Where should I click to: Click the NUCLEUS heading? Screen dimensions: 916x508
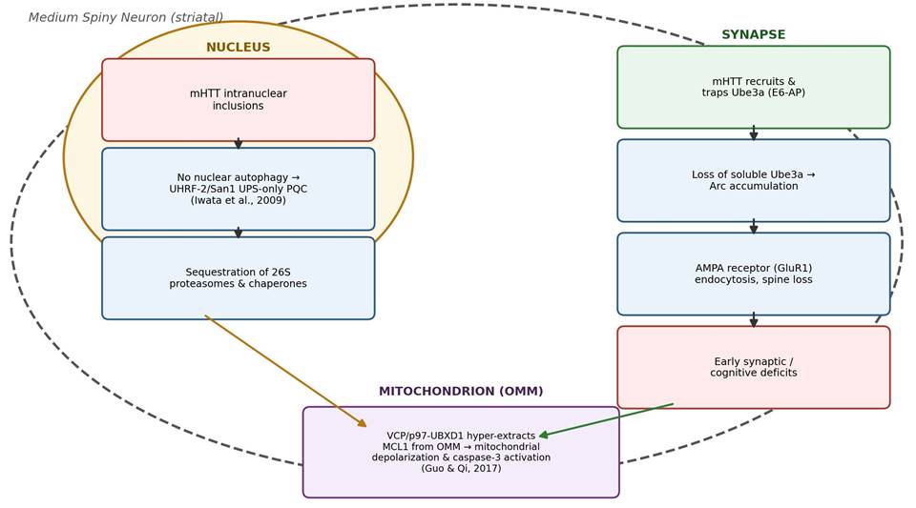tap(239, 48)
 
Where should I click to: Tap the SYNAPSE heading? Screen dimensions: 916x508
tap(754, 35)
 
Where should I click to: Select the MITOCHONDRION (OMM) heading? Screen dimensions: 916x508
tap(461, 392)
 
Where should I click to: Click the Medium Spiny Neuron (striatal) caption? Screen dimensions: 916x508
tap(126, 17)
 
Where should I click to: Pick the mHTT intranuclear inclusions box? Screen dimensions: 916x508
tap(239, 100)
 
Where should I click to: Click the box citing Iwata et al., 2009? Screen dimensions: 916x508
tap(239, 189)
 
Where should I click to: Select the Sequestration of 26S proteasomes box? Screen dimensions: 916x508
tap(239, 278)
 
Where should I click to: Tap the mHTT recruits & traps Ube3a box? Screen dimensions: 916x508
tap(754, 87)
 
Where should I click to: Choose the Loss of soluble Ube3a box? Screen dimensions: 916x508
tap(754, 180)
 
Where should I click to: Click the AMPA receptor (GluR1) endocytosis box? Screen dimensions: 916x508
tap(754, 274)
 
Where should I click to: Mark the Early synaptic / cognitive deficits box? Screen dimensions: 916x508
tap(754, 368)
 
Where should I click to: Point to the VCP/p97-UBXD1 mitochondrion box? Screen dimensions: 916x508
tap(461, 452)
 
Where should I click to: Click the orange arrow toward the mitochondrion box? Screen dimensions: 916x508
tap(285, 371)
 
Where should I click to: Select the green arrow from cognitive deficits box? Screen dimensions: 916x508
tap(607, 420)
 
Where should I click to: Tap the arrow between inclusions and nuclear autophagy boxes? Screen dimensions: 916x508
tap(239, 144)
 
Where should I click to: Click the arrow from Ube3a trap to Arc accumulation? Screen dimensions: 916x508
tap(754, 133)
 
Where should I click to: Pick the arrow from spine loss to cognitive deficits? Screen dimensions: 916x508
tap(754, 320)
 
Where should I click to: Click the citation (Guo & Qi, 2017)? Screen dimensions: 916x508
tap(461, 468)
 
